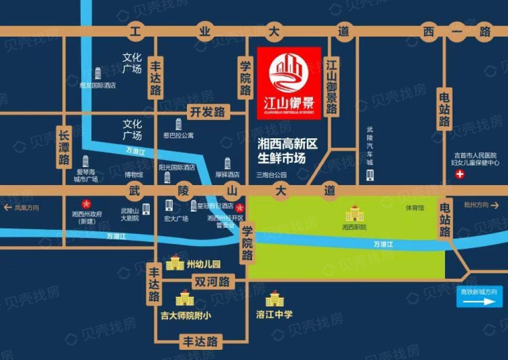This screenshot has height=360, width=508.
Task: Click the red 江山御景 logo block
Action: (x=289, y=83)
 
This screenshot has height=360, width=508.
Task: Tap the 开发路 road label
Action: (x=207, y=111)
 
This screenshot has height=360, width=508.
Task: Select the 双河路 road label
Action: (x=212, y=281)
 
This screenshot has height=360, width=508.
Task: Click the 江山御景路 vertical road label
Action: (x=332, y=87)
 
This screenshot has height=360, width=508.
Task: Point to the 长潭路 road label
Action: (x=64, y=147)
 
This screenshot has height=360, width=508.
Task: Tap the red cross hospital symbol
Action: (x=461, y=175)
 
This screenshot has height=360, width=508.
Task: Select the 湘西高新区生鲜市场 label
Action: (x=288, y=152)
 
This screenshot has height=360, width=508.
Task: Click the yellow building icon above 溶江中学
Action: (x=275, y=299)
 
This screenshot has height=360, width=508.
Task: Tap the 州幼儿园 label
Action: (x=204, y=264)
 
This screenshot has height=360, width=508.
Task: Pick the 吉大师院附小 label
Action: (x=185, y=315)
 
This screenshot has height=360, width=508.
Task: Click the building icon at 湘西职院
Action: (x=355, y=214)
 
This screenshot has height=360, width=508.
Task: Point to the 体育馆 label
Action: (x=415, y=208)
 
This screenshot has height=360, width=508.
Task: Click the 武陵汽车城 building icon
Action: (x=370, y=175)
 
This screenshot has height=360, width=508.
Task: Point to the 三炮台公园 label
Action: (x=271, y=175)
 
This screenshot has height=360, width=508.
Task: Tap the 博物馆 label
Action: (x=134, y=174)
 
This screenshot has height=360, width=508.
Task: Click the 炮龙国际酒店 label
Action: (x=98, y=85)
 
